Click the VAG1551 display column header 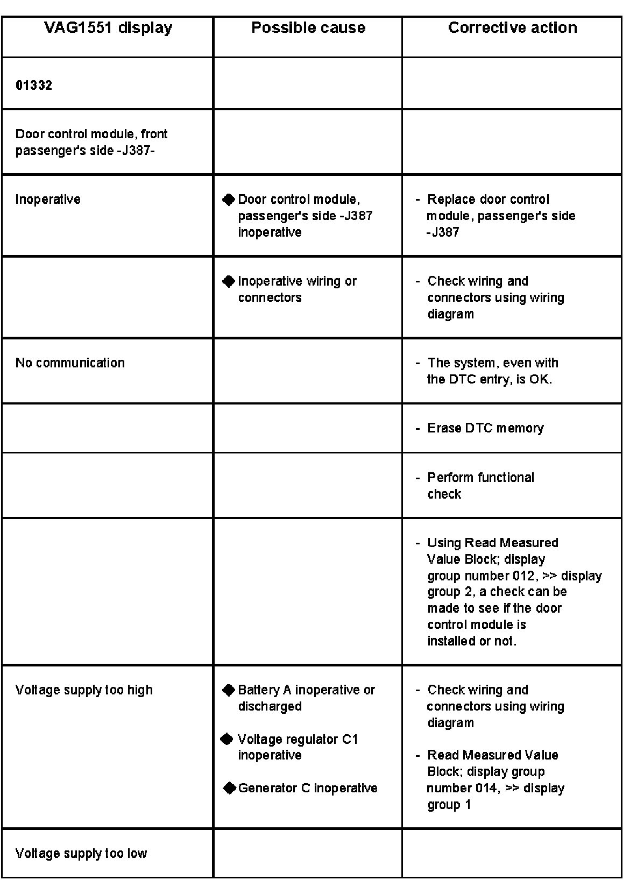coord(108,28)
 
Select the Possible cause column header coord(308,28)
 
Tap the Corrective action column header coord(512,28)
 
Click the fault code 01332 coord(34,86)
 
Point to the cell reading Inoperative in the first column coord(48,200)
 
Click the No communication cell coord(70,363)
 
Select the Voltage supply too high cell coord(84,690)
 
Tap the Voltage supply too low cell coord(81,854)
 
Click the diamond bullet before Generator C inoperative coord(229,789)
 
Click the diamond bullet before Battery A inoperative coord(229,690)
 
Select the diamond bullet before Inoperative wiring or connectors coord(229,281)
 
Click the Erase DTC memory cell coord(485,428)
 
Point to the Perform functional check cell coord(480,485)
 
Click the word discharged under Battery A coord(270,706)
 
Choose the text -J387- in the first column coord(136,151)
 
